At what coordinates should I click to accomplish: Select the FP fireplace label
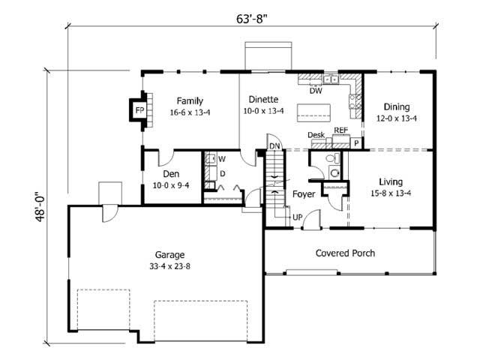139,110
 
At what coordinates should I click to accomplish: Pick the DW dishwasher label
316,91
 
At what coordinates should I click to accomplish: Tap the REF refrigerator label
341,130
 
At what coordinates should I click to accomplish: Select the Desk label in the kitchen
316,135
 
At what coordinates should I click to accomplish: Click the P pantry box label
356,142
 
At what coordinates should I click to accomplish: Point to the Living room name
390,181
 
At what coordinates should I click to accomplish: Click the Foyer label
304,193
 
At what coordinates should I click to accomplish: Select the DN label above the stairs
274,145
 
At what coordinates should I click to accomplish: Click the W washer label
222,159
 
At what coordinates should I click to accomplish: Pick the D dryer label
222,173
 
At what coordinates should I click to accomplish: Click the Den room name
171,174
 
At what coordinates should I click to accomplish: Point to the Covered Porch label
345,253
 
